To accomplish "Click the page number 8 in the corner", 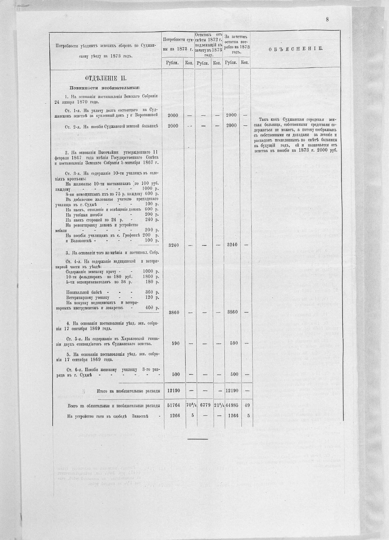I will pos(327,19).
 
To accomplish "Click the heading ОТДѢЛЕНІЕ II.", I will pos(105,79).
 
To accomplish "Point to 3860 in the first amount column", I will pos(173,312).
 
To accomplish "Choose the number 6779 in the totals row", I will pos(203,406).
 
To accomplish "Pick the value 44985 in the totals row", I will pos(232,406).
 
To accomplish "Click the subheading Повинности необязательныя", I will pos(105,88).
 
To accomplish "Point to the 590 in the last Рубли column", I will pos(234,343).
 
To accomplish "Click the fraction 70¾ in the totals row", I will pos(189,406).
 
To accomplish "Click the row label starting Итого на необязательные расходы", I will pos(128,391).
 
